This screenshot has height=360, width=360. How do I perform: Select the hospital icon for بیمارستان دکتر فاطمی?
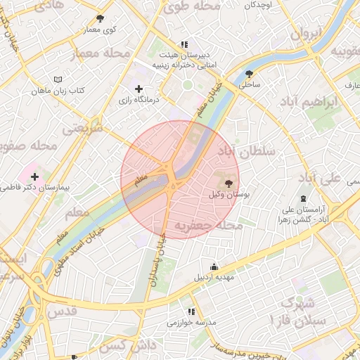click(34, 175)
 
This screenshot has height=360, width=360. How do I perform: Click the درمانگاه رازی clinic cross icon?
click(139, 89)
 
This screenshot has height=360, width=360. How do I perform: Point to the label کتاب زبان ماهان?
click(58, 92)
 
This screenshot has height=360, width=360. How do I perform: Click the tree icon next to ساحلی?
click(249, 73)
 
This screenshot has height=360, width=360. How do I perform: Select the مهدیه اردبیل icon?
click(214, 267)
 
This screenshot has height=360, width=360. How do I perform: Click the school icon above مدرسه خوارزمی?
click(190, 311)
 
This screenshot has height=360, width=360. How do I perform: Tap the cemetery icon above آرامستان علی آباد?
click(303, 199)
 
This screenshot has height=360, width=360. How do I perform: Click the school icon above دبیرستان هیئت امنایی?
click(185, 44)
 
